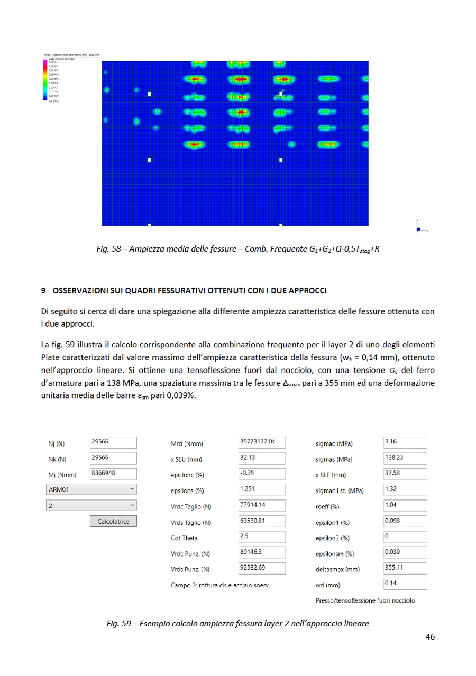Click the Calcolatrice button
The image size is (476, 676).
(113, 521)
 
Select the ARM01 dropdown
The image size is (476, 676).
(91, 489)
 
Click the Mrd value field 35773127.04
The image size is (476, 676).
(262, 442)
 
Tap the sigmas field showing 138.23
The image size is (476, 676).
(405, 458)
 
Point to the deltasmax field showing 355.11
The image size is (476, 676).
(405, 569)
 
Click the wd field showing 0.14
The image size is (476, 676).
(405, 584)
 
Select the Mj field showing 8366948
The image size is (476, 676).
(113, 474)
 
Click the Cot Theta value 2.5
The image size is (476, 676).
(262, 537)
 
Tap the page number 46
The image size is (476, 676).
(430, 637)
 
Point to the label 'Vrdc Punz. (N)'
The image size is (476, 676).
(190, 554)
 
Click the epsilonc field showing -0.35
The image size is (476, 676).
(262, 474)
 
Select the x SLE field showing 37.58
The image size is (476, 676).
(405, 474)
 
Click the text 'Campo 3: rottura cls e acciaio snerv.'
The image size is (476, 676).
(220, 585)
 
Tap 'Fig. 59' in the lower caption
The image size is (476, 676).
(119, 624)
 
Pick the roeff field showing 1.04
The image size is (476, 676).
(405, 505)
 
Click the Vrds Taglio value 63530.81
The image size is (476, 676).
(262, 521)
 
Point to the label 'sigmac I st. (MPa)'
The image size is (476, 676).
(340, 491)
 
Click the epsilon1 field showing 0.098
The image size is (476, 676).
(405, 521)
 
